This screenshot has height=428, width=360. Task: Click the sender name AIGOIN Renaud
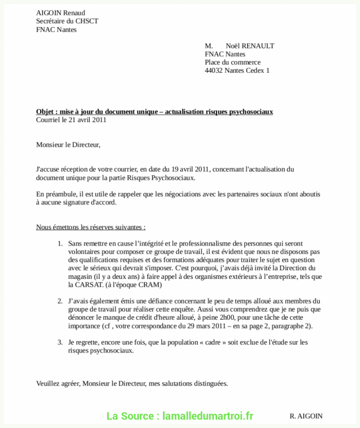60,13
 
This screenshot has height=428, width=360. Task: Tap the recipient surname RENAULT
257,46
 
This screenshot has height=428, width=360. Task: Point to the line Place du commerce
232,62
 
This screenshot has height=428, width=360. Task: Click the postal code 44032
214,71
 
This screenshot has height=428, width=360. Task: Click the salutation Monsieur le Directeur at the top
68,145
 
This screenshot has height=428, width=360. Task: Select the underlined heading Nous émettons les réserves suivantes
91,227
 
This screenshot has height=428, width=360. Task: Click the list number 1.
60,244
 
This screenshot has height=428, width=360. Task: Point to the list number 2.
60,301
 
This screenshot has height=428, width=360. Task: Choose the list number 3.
60,342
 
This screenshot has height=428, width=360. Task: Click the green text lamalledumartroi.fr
208,416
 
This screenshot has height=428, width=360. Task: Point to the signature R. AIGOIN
306,416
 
